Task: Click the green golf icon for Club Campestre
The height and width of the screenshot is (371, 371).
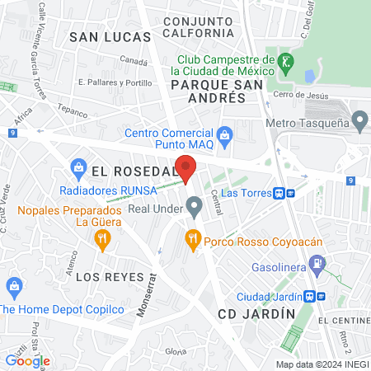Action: (285, 61)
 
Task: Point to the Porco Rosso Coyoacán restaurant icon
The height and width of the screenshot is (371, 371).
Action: (194, 239)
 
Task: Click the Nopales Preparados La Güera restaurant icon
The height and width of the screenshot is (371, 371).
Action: (101, 240)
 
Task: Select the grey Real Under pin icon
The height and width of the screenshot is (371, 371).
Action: (194, 204)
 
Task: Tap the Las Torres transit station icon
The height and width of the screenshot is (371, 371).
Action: (281, 193)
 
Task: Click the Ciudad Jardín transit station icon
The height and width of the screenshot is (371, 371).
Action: (310, 297)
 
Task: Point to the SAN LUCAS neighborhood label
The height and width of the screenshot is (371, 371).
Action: (110, 37)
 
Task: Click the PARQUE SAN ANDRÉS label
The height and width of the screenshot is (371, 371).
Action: (208, 84)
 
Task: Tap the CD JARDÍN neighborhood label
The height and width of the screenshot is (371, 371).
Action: (256, 314)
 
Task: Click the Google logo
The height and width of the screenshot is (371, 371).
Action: (27, 360)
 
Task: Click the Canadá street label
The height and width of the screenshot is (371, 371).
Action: (134, 61)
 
